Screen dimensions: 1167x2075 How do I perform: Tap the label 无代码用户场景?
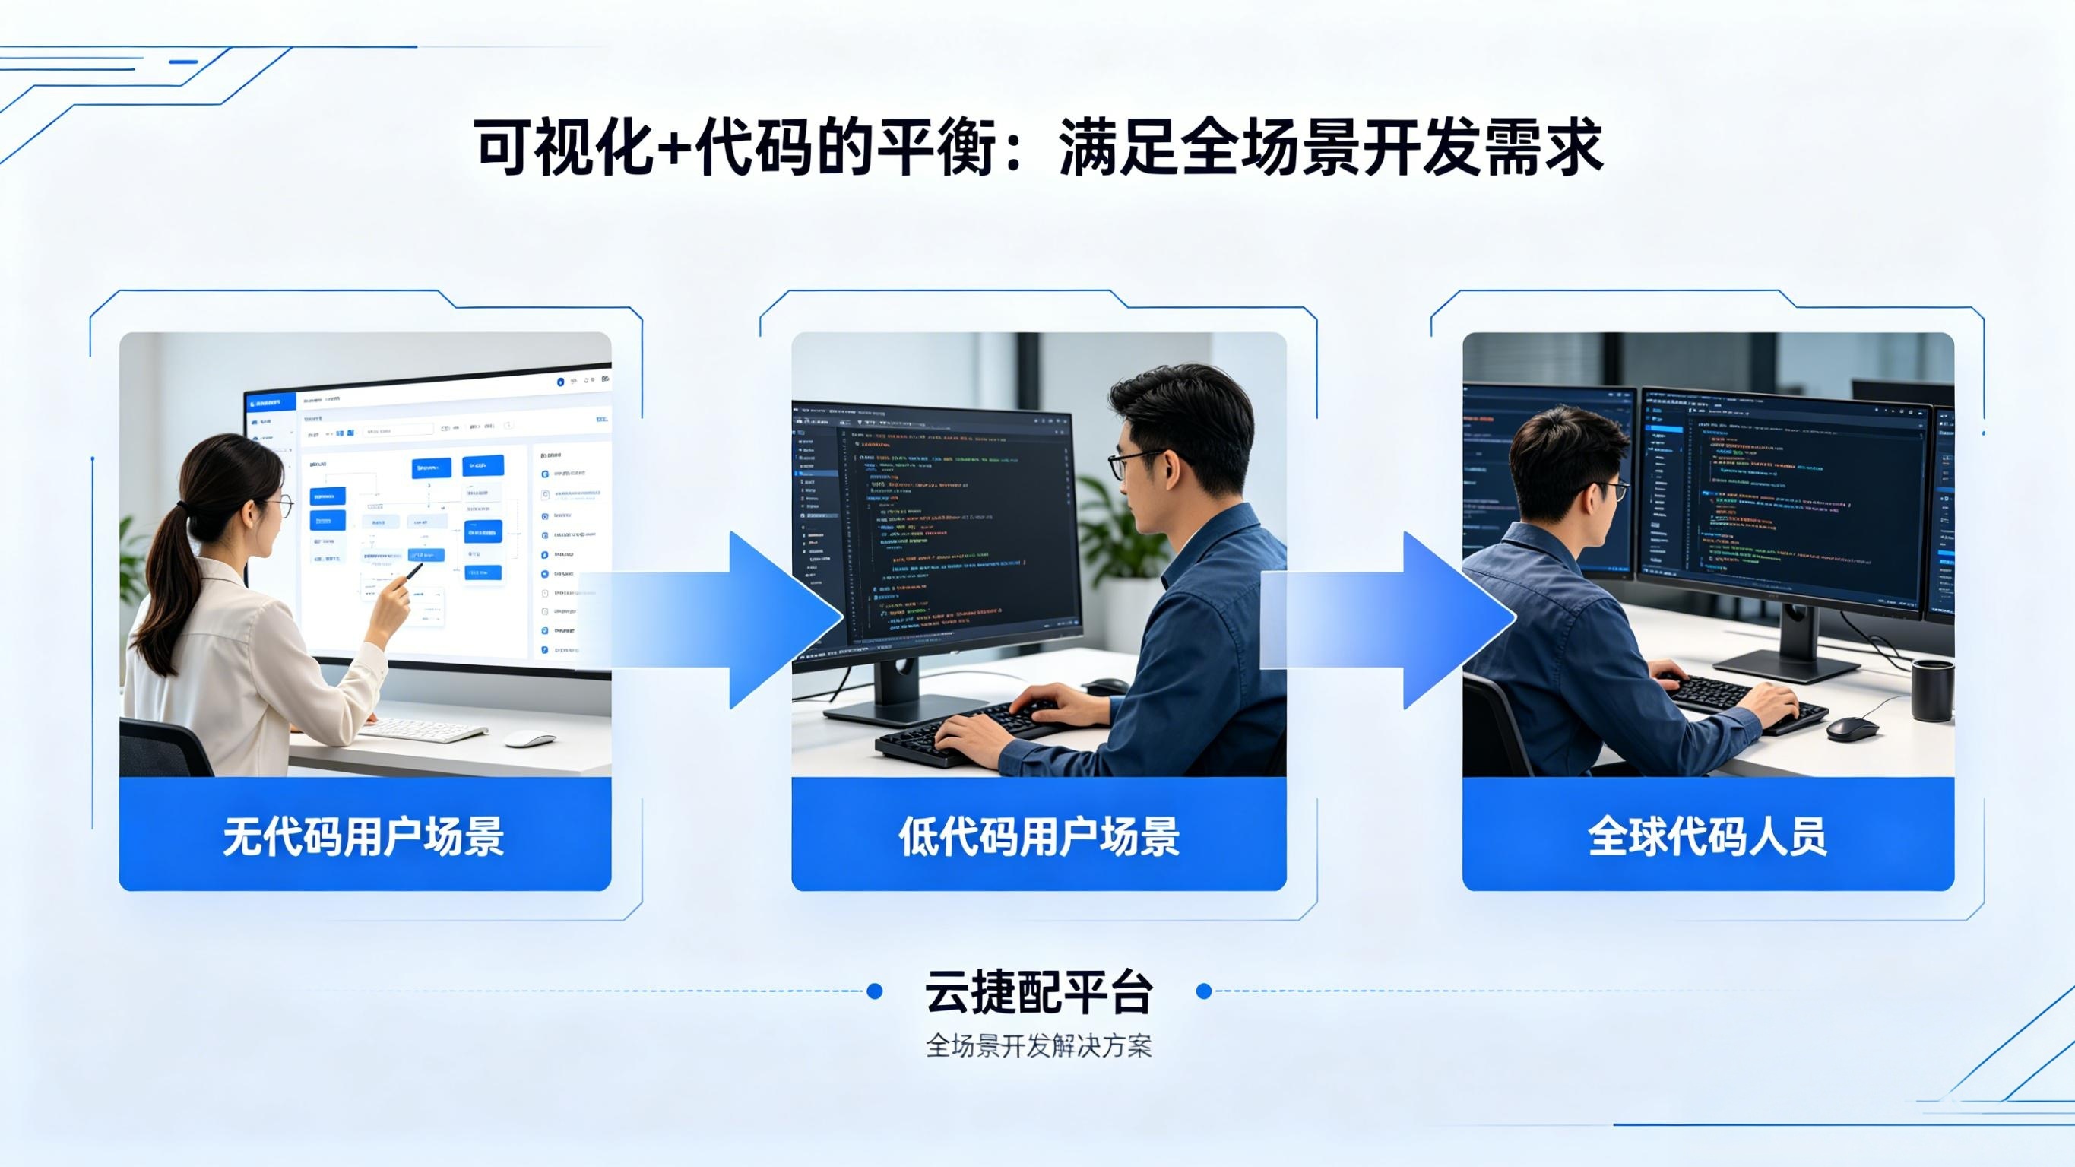coord(363,836)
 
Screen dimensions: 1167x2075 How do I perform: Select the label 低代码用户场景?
coord(1038,836)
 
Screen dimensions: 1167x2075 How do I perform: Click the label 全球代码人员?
coord(1707,836)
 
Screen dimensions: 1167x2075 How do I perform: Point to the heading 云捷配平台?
coord(1038,992)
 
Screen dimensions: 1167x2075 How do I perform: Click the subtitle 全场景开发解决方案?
coord(1038,1046)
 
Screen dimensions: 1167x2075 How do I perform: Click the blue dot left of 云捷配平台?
coord(874,991)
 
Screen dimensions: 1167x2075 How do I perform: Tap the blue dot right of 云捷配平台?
coord(1204,991)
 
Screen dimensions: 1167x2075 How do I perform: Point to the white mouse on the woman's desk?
coord(529,738)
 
